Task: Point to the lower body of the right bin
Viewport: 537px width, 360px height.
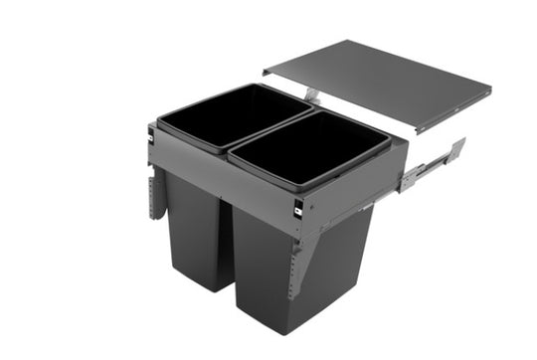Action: point(298,269)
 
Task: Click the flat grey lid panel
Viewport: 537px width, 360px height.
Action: point(378,85)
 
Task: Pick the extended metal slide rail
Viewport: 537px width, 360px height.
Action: point(428,169)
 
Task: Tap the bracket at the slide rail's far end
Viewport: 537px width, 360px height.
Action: point(456,151)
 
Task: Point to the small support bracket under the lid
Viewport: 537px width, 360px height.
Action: point(311,93)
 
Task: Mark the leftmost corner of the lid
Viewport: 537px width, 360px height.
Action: point(265,72)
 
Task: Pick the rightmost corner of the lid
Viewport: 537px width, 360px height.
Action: point(491,90)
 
